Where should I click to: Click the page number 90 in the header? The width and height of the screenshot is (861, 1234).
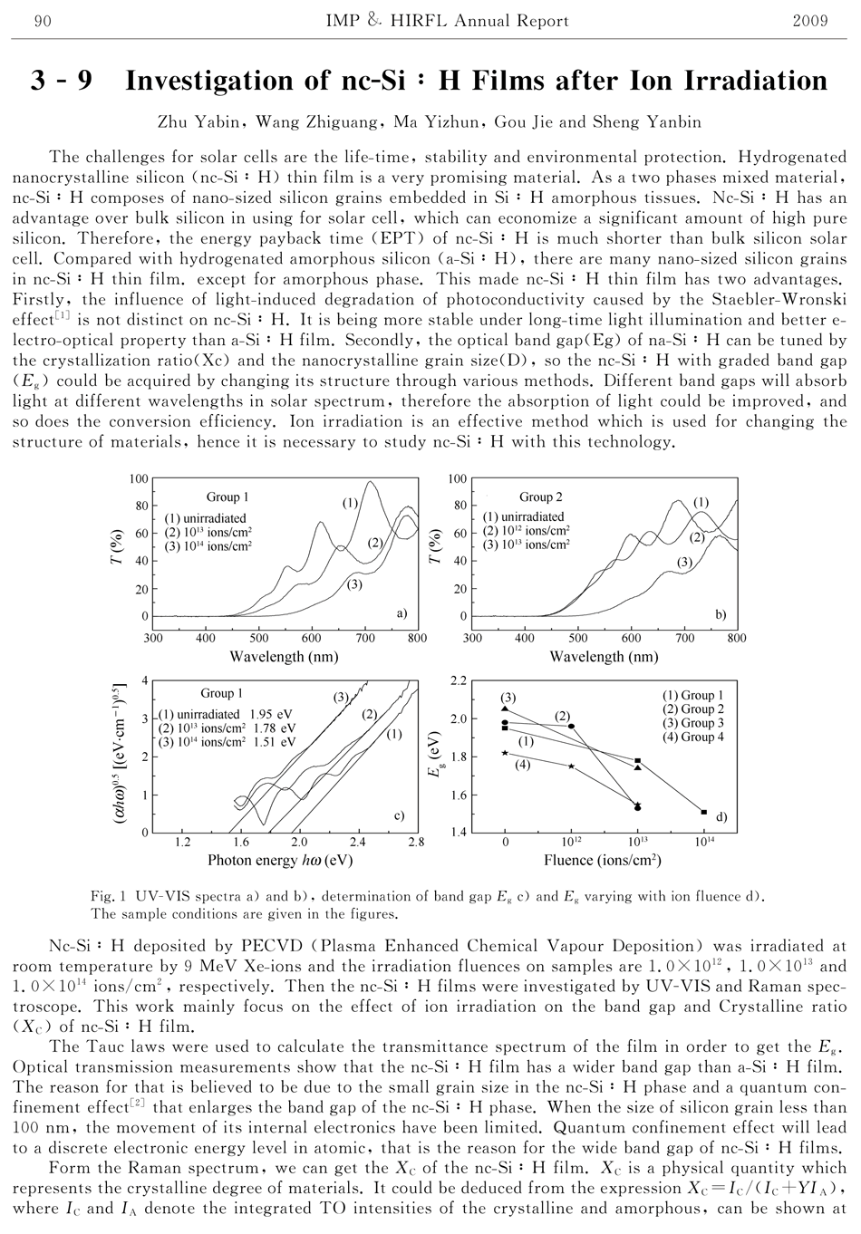coord(41,21)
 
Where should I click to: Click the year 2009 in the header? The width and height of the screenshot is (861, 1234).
coord(810,21)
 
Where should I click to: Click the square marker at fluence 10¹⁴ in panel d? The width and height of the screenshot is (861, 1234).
coord(704,812)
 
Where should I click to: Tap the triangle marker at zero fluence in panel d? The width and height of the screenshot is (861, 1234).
coord(506,708)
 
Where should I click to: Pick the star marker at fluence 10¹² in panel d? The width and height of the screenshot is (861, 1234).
coord(571,766)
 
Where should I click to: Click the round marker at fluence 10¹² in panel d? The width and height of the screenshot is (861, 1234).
coord(571,726)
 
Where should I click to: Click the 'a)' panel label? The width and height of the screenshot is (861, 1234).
coord(401,614)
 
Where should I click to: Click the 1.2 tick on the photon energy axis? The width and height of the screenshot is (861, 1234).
coord(183,842)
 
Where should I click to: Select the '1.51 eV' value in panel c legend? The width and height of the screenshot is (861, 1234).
coord(276,741)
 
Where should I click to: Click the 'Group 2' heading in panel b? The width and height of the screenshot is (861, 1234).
coord(541,496)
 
